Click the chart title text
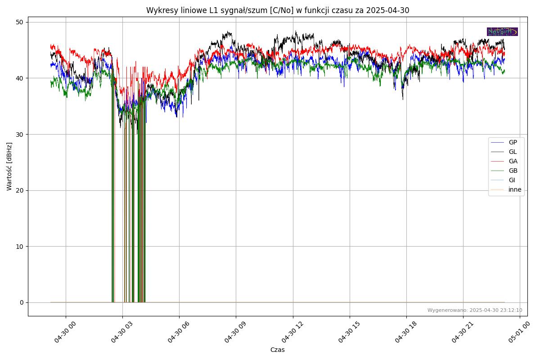[x=278, y=10]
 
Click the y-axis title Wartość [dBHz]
[x=9, y=166]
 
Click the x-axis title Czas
[x=277, y=350]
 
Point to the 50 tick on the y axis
[x=20, y=22]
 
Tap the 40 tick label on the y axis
[x=20, y=78]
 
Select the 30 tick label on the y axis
[x=20, y=134]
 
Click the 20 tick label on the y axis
[x=20, y=190]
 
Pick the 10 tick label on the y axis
[x=20, y=246]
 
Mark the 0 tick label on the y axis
[x=22, y=302]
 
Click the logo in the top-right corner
[x=502, y=31]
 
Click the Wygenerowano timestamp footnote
[x=475, y=310]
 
